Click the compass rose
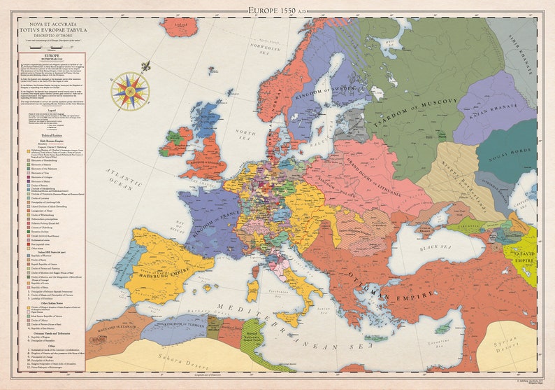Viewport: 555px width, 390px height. click(x=130, y=91)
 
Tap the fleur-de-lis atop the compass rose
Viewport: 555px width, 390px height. click(x=145, y=67)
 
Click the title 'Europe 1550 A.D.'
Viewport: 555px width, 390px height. click(x=278, y=10)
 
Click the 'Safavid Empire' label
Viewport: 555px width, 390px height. click(x=526, y=256)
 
